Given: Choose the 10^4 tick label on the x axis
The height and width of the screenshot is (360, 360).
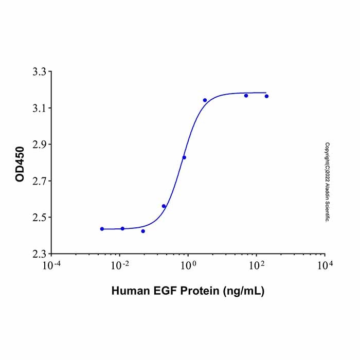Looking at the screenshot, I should [x=325, y=265].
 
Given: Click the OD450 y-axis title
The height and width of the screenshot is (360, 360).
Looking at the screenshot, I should [x=20, y=163].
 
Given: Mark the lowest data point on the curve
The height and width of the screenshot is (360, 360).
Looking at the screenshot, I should [x=143, y=231].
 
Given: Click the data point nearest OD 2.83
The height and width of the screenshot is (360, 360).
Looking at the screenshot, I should [x=184, y=157].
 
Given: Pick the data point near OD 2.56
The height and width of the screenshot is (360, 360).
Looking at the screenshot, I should [x=164, y=206].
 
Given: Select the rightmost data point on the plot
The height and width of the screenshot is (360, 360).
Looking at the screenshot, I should [x=266, y=96].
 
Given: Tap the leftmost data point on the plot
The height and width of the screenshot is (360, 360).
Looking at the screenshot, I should [x=102, y=229].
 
